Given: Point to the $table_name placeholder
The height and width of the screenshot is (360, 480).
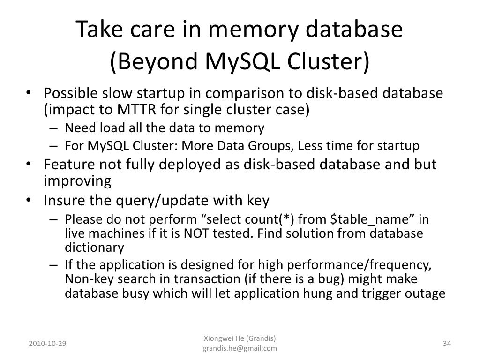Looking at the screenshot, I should click(366, 219).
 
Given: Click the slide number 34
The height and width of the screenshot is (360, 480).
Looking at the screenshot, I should click(447, 344).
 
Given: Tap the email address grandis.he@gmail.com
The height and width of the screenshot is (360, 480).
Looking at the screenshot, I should click(240, 349).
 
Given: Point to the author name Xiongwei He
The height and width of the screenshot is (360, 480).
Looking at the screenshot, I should click(224, 339).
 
